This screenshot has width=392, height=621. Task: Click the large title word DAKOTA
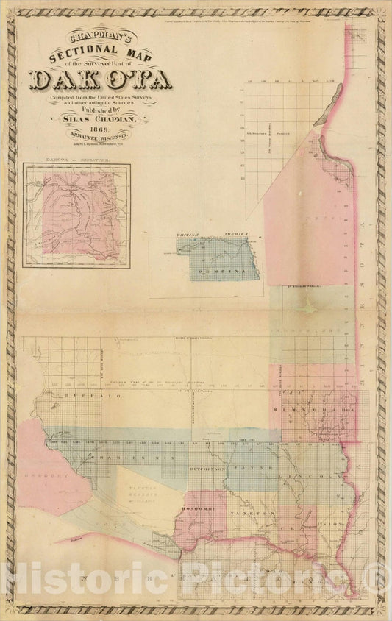(101, 79)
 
